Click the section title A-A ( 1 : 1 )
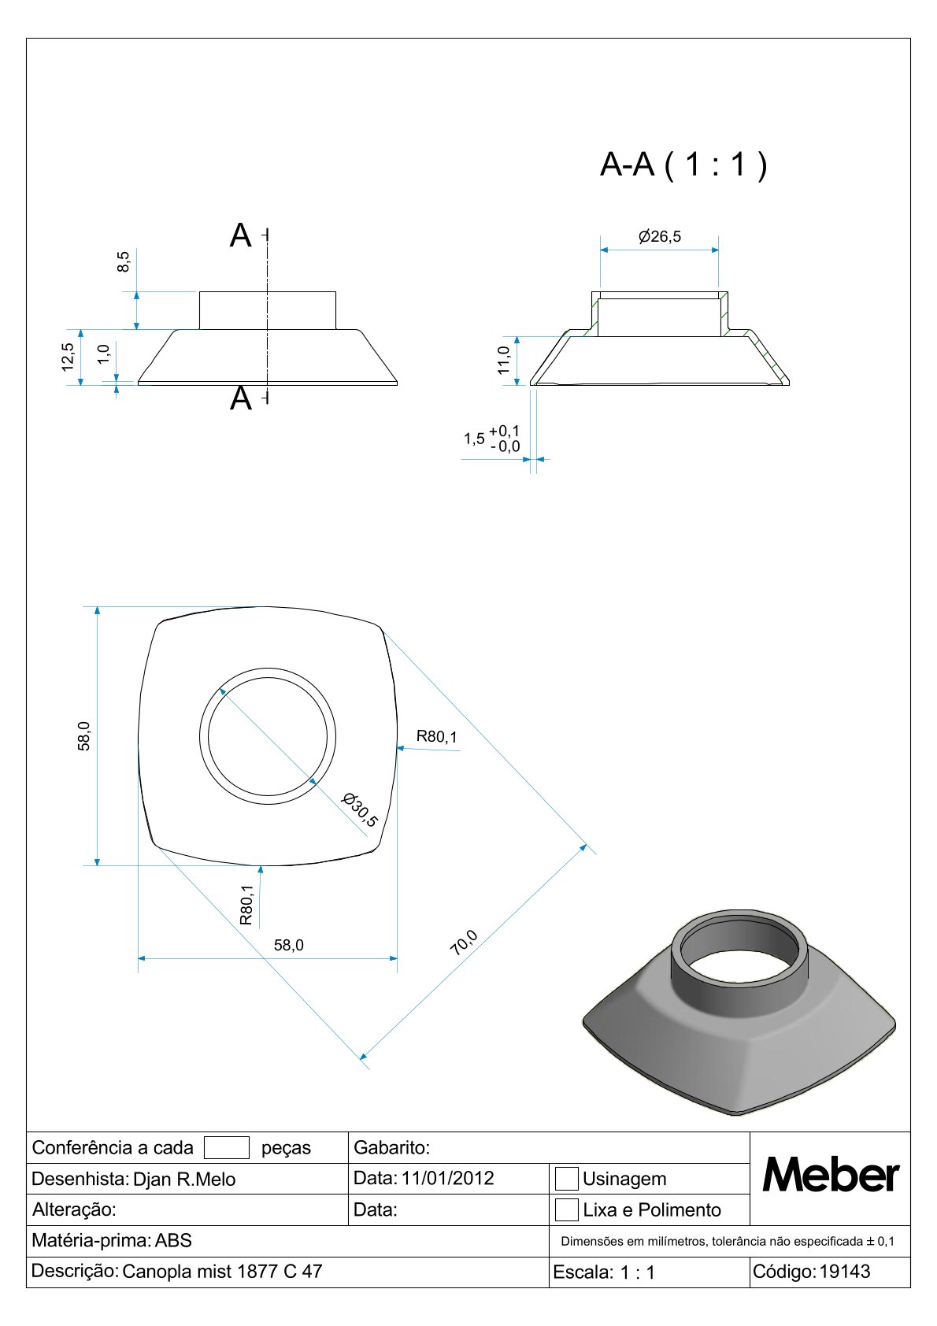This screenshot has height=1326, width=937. pos(683,165)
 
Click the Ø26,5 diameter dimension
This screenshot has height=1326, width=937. pos(659,237)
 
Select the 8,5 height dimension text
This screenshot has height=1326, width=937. pos(123,261)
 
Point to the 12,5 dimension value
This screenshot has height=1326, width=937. pos(68,357)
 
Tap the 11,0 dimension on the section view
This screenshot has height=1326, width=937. pos(504,360)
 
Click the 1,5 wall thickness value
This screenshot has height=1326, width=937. pos(473,439)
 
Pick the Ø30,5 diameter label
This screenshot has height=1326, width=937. pos(359,809)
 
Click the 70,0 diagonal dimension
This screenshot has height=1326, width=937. pos(464,943)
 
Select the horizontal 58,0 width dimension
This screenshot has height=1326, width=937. pos(289,945)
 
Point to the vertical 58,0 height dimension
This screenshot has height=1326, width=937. pos(84,735)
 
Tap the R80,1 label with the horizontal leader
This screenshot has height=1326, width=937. pos(437,736)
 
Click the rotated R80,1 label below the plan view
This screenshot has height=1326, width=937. pos(246,905)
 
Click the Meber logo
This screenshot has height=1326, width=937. pos(831,1175)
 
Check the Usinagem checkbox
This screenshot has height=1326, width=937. pos(566,1178)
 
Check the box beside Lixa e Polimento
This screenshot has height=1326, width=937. pos(566,1209)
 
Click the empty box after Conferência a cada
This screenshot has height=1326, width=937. pos(227,1147)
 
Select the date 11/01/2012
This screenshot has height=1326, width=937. pos(447,1178)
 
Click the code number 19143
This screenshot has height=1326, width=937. pos(845,1271)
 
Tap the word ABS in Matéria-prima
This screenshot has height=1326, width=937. pos(173,1240)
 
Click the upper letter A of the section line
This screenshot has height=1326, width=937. pos(240,235)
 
